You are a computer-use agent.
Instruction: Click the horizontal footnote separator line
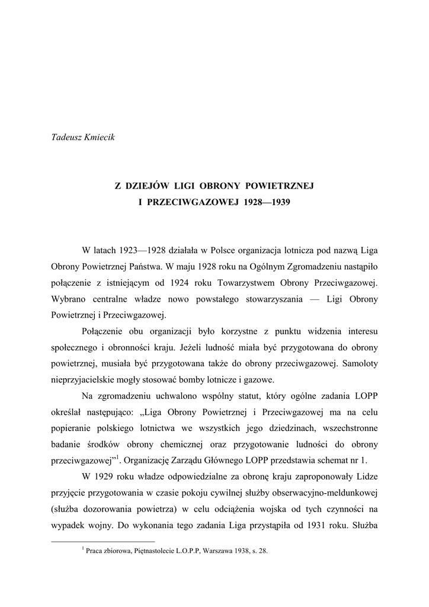(x=103, y=541)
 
